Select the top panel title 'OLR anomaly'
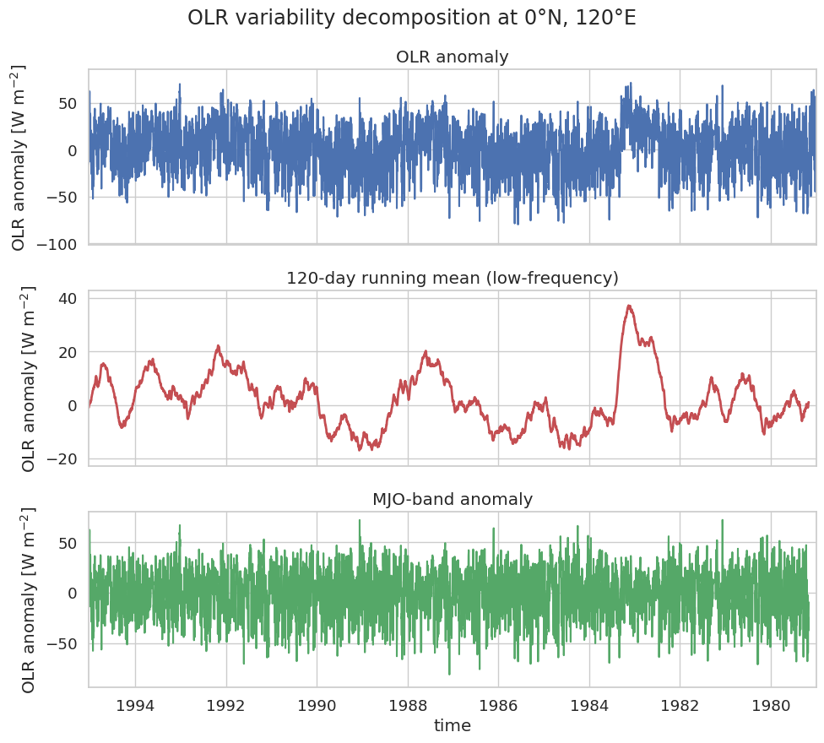coord(453,57)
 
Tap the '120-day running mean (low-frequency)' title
coord(453,278)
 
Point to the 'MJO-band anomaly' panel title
coord(453,499)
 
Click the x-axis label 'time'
coord(453,725)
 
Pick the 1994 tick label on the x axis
coord(135,705)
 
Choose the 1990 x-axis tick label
coord(317,705)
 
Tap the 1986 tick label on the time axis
coord(498,705)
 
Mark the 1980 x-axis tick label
coord(771,705)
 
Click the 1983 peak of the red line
coord(629,306)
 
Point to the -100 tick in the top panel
coord(57,244)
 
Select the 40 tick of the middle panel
coord(68,298)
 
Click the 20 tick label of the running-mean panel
coord(68,352)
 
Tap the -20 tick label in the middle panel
coord(62,458)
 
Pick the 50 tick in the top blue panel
coord(68,104)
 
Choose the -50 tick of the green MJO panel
coord(62,644)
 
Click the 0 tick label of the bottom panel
coord(73,594)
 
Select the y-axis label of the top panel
coord(18,157)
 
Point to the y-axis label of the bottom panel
coord(27,599)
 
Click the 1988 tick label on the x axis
coord(408,705)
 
